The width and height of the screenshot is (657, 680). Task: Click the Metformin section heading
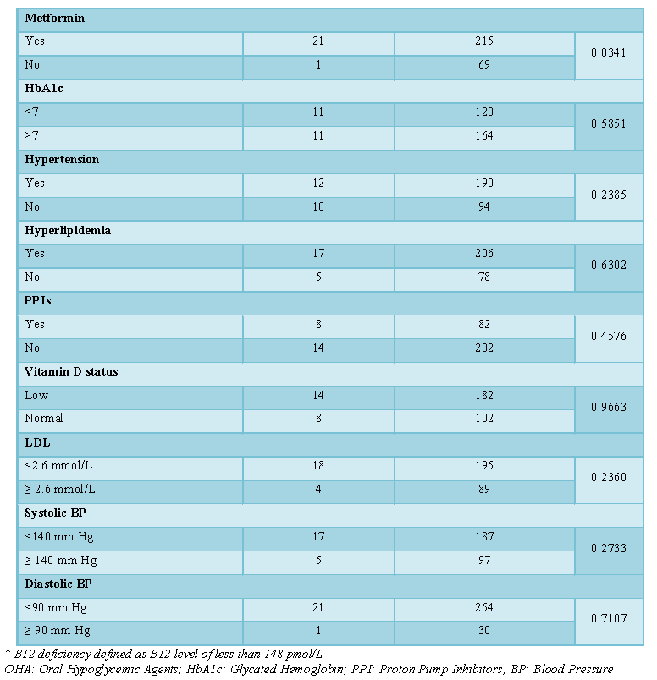pyautogui.click(x=55, y=19)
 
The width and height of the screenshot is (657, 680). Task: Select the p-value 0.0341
pyautogui.click(x=609, y=53)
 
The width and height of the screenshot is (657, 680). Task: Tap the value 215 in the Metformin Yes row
pyautogui.click(x=484, y=41)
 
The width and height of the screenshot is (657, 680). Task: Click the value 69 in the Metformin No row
pyautogui.click(x=484, y=64)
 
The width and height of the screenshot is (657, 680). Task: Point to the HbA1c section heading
pyautogui.click(x=44, y=89)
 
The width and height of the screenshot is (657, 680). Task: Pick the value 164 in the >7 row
pyautogui.click(x=484, y=135)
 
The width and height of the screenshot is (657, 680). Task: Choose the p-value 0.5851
pyautogui.click(x=609, y=124)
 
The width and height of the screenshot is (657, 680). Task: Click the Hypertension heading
pyautogui.click(x=62, y=160)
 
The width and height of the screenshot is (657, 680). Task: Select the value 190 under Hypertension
pyautogui.click(x=484, y=183)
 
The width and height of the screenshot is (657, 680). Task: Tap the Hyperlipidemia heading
pyautogui.click(x=68, y=231)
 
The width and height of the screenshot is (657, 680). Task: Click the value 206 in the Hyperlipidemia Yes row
pyautogui.click(x=484, y=253)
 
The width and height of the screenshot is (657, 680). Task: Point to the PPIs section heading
pyautogui.click(x=38, y=301)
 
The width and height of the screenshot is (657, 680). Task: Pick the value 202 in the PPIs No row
pyautogui.click(x=484, y=348)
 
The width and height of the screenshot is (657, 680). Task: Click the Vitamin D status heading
pyautogui.click(x=71, y=372)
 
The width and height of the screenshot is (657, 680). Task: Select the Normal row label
pyautogui.click(x=44, y=419)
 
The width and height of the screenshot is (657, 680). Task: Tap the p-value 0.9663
pyautogui.click(x=609, y=407)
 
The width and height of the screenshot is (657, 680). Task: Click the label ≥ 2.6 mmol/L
pyautogui.click(x=60, y=490)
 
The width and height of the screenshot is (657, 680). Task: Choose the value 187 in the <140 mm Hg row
pyautogui.click(x=484, y=537)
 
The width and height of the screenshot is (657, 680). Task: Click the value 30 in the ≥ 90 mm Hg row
pyautogui.click(x=484, y=631)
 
